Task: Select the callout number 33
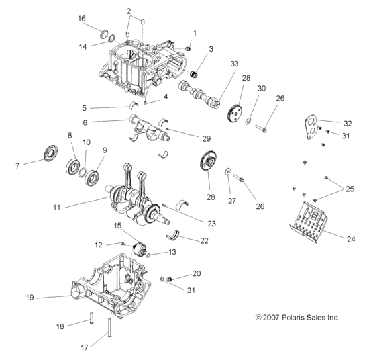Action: point(233,63)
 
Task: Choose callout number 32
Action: point(348,123)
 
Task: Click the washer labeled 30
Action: point(248,122)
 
